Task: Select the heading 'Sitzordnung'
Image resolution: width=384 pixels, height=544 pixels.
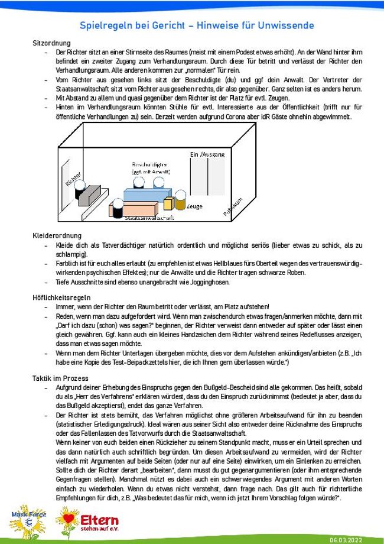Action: [52, 43]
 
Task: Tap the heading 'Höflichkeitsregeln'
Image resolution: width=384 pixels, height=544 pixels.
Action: [61, 297]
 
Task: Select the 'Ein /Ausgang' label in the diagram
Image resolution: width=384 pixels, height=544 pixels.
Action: [207, 155]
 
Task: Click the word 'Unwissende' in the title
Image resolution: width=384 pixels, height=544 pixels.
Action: [280, 25]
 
